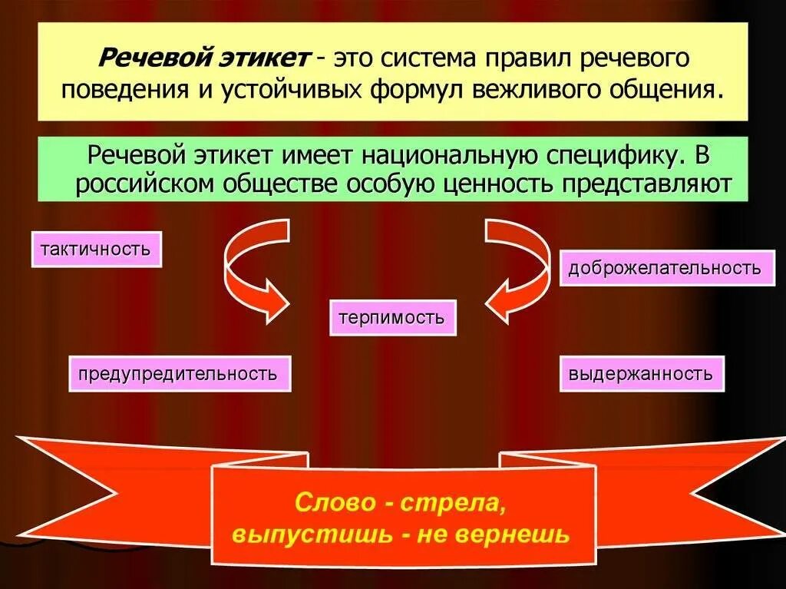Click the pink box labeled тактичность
(96, 250)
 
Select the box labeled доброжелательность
(665, 268)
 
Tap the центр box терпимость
(392, 318)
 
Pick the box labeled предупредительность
(180, 374)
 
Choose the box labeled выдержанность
(641, 374)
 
